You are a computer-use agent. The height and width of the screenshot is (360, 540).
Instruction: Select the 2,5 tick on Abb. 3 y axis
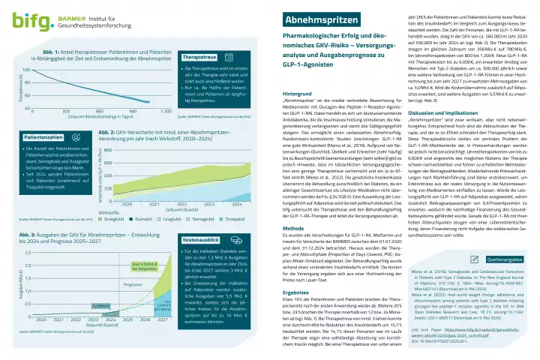(x=29, y=252)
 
